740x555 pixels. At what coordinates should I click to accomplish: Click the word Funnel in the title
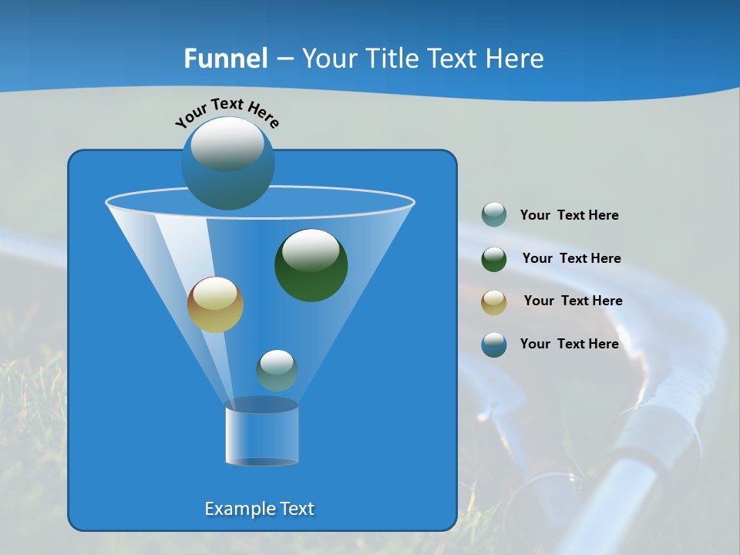tap(226, 59)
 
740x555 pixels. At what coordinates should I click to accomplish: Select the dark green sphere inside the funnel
tap(311, 266)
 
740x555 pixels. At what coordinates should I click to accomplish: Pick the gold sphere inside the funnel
tap(215, 304)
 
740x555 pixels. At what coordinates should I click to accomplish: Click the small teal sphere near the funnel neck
tap(277, 371)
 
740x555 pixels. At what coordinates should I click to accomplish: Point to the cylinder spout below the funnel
tap(261, 436)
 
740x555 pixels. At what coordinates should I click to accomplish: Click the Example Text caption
tap(259, 509)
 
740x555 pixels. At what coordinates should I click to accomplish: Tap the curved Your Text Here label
tap(227, 113)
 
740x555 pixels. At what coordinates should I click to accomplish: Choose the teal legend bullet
tap(494, 215)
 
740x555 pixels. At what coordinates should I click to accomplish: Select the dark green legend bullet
tap(494, 259)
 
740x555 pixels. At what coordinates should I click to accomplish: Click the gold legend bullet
tap(494, 301)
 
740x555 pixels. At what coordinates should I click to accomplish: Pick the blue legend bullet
tap(494, 345)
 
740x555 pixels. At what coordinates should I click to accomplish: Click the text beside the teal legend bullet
tap(569, 216)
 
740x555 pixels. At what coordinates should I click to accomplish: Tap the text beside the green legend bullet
tap(571, 259)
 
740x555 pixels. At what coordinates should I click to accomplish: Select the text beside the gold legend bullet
tap(573, 301)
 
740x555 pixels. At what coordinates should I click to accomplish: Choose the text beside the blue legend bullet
tap(569, 345)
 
